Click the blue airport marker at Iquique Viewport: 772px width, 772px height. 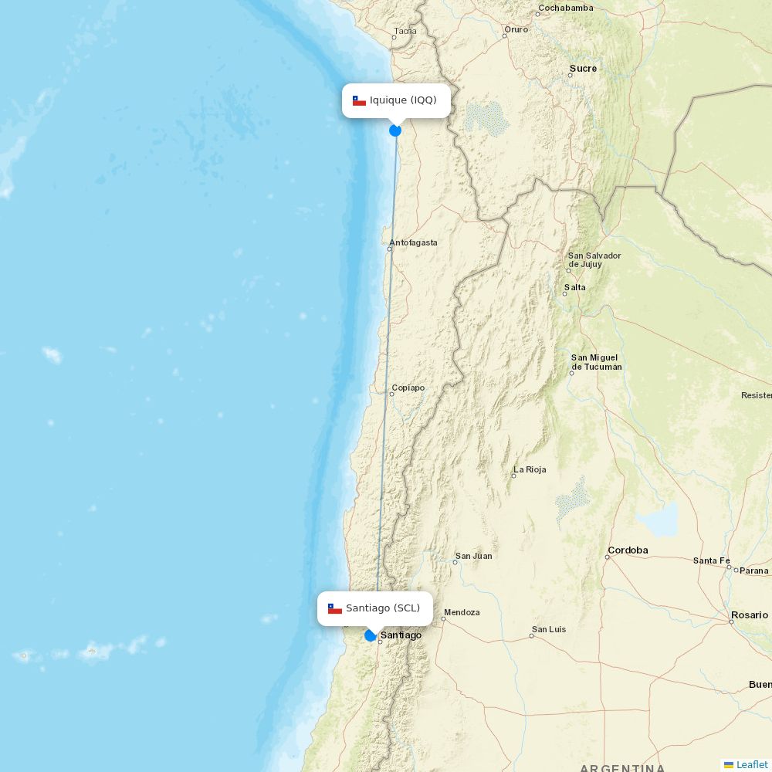pyautogui.click(x=395, y=130)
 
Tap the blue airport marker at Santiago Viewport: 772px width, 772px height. pyautogui.click(x=371, y=635)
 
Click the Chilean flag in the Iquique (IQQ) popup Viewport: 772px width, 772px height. pyautogui.click(x=359, y=100)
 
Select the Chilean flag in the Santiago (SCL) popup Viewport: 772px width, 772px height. pyautogui.click(x=335, y=608)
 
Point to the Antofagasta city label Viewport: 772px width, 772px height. pyautogui.click(x=413, y=242)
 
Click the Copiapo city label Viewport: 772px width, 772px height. pyautogui.click(x=408, y=388)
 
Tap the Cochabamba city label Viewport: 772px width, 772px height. pyautogui.click(x=566, y=8)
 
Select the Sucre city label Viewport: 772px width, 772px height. pyautogui.click(x=583, y=69)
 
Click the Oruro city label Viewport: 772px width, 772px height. pyautogui.click(x=516, y=29)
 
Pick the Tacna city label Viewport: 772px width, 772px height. pyautogui.click(x=405, y=32)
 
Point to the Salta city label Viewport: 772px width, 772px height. pyautogui.click(x=575, y=287)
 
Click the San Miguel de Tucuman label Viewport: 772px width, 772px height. pyautogui.click(x=595, y=362)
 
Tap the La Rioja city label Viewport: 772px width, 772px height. pyautogui.click(x=530, y=469)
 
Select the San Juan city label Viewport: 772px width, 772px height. pyautogui.click(x=473, y=556)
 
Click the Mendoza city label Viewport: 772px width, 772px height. pyautogui.click(x=462, y=612)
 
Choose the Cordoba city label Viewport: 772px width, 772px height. pyautogui.click(x=628, y=550)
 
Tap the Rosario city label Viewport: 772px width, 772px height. pyautogui.click(x=750, y=615)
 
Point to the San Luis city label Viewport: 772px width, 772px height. pyautogui.click(x=549, y=629)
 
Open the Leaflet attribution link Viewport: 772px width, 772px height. pyautogui.click(x=751, y=764)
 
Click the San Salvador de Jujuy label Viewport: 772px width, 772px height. pyautogui.click(x=594, y=260)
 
